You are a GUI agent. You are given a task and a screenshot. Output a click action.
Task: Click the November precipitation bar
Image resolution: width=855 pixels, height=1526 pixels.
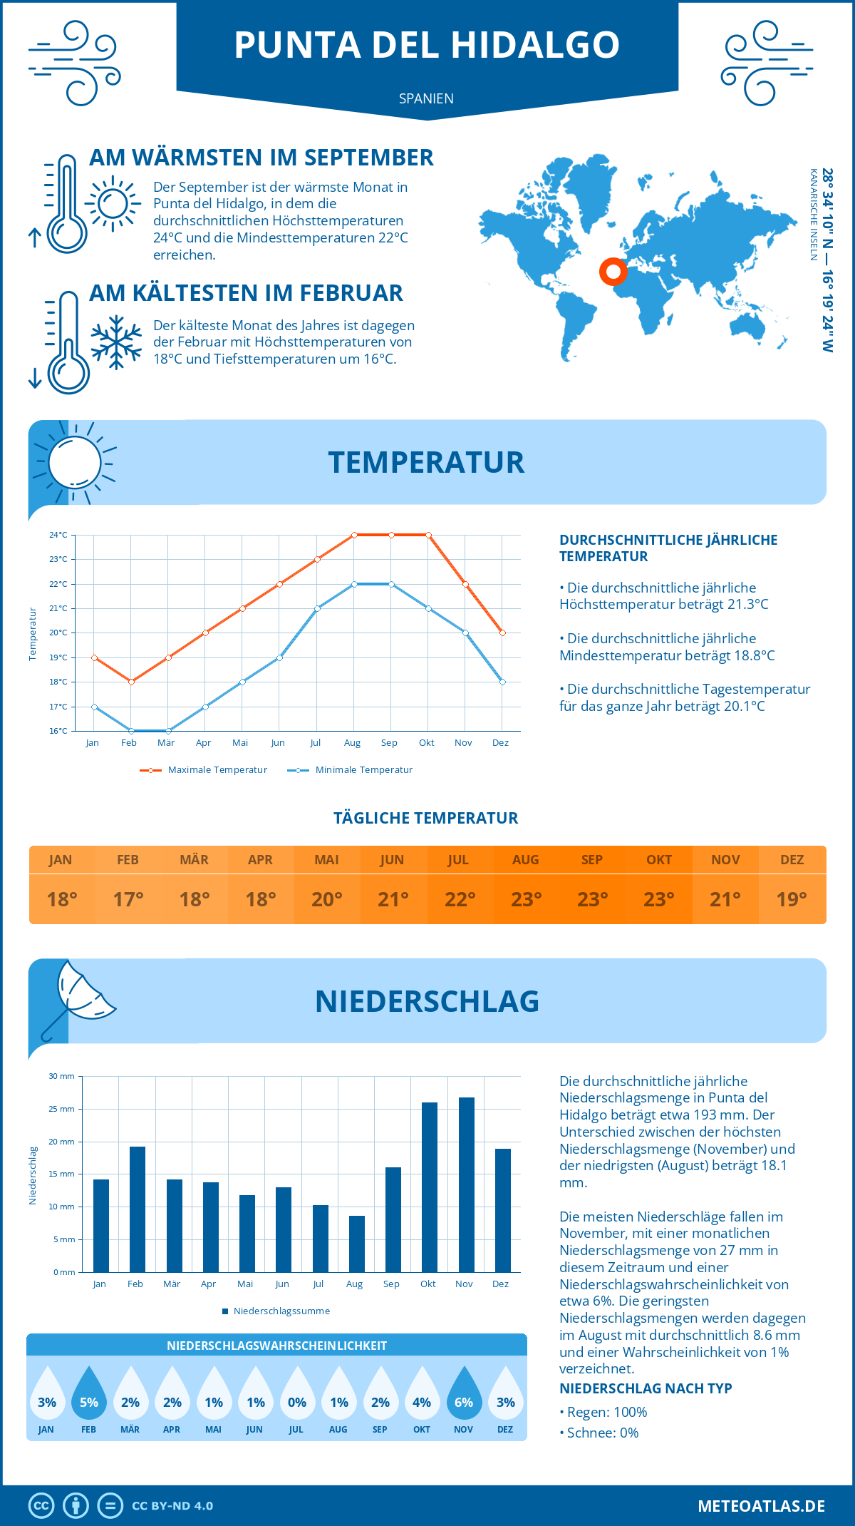467,1184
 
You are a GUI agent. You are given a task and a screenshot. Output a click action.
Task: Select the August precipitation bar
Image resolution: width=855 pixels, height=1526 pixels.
357,1244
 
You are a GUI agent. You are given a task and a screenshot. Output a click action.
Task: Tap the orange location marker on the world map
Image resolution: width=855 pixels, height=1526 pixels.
613,271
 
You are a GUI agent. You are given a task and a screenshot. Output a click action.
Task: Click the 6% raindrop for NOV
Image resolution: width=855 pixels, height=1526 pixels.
464,1395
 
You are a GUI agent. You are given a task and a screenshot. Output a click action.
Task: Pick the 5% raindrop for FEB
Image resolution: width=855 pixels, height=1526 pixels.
88,1395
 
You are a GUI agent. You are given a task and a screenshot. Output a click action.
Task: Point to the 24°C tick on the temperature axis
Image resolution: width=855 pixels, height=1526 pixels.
58,535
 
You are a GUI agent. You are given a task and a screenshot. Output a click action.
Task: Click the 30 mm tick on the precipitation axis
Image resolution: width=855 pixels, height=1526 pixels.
62,1076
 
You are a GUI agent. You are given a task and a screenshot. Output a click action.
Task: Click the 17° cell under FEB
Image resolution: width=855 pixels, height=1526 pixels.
128,899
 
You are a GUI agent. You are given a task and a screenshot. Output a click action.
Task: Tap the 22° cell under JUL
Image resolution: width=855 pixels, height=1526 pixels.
460,899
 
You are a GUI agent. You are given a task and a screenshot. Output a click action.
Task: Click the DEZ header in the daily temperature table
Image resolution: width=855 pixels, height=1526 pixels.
792,860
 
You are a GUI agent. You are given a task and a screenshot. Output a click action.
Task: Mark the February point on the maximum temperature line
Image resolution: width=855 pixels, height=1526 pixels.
131,682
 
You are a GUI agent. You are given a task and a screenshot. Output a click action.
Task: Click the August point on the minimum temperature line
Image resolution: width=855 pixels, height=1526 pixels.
354,584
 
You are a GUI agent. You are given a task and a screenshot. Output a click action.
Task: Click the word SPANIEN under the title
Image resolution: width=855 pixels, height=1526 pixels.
426,98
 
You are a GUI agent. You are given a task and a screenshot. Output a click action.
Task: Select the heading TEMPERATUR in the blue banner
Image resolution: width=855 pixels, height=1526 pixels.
426,462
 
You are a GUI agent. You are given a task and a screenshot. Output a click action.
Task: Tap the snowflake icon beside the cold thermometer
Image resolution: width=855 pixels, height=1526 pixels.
116,342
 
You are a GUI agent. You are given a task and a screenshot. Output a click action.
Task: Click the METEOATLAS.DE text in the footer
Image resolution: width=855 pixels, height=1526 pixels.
761,1506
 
